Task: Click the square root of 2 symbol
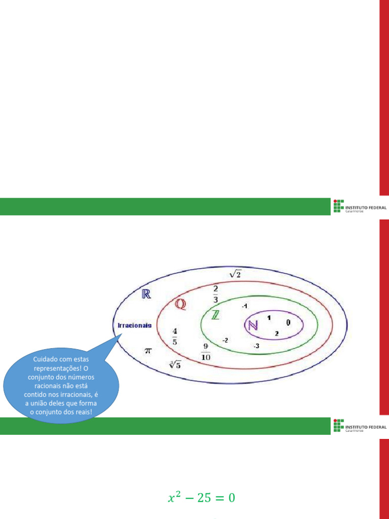(236, 274)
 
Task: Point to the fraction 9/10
(206, 351)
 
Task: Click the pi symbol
(148, 350)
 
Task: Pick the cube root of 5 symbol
(175, 364)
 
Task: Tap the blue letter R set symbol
(146, 294)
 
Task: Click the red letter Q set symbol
(180, 304)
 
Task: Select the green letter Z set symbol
(216, 315)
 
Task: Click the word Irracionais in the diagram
(134, 325)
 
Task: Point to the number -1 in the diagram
(244, 306)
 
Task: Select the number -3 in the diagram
(256, 346)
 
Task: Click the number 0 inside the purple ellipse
(288, 322)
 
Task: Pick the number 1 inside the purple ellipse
(269, 318)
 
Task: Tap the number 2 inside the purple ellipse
(277, 333)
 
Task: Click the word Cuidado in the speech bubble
(45, 359)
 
